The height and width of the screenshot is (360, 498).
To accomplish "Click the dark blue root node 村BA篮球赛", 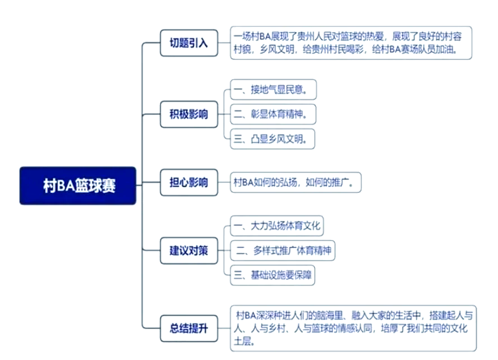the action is [x=78, y=186].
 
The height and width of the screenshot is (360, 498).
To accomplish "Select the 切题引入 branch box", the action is [x=189, y=43].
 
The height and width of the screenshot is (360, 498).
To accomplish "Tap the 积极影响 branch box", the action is [x=189, y=114].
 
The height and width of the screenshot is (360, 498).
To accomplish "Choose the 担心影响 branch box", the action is [x=189, y=183].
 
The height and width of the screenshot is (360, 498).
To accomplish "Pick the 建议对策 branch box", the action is [x=189, y=251].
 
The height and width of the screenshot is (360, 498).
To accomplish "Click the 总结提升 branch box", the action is [x=189, y=328].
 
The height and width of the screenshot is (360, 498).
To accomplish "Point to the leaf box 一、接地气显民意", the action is [x=273, y=90].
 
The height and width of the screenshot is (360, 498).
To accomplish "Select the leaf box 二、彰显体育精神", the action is [x=273, y=114].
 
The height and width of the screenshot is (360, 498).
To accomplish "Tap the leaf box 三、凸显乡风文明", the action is [x=273, y=139].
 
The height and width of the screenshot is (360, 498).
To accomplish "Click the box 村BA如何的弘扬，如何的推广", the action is [x=296, y=182].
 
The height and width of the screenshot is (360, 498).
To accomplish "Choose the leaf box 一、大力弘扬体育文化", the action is [x=276, y=226].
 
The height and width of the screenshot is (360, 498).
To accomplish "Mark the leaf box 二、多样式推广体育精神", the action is [x=282, y=251].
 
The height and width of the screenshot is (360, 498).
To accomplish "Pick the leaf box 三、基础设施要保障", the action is [x=273, y=275].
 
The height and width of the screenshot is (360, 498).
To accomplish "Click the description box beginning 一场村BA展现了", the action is [x=351, y=43].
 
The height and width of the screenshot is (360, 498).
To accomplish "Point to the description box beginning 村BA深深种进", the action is [x=353, y=328].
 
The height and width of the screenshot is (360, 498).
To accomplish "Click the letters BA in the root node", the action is [x=65, y=186].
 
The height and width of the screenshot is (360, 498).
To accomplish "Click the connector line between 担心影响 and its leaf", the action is [x=224, y=183].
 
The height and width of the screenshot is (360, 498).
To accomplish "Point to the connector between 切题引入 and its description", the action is [x=224, y=43].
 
